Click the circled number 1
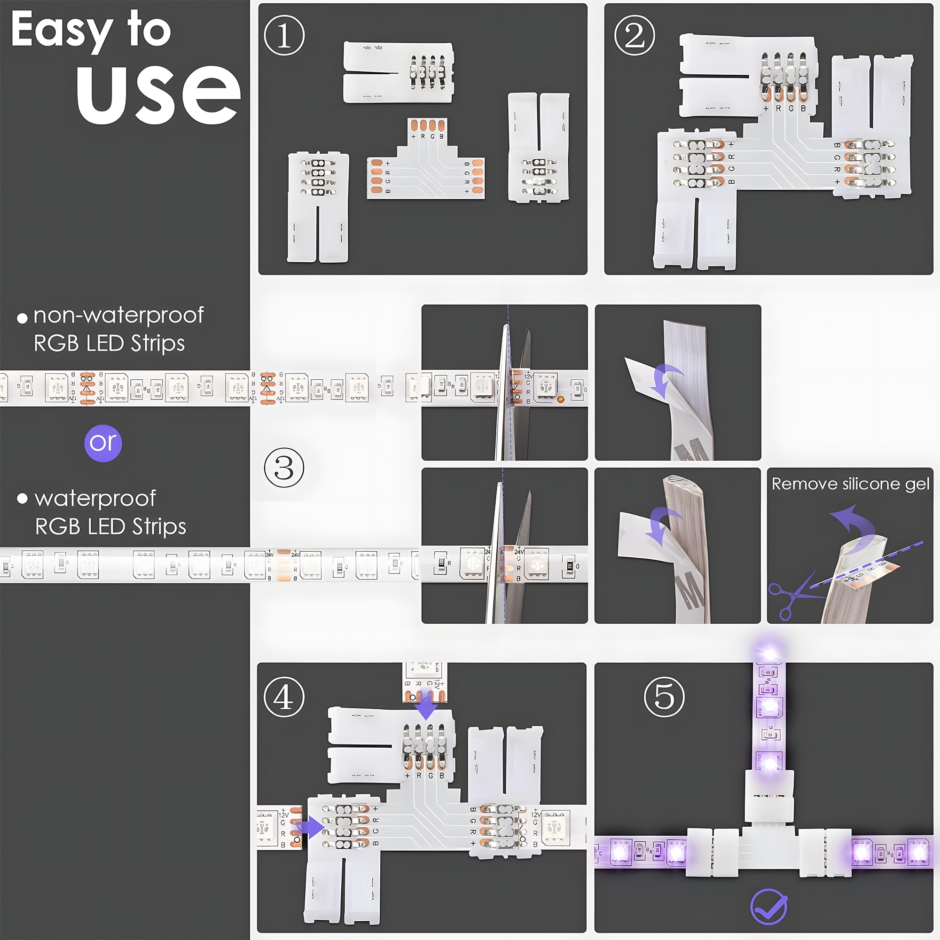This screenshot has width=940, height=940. pyautogui.click(x=284, y=36)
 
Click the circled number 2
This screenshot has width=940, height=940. pyautogui.click(x=634, y=36)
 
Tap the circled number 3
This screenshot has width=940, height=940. pyautogui.click(x=284, y=468)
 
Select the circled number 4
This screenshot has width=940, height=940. pyautogui.click(x=284, y=697)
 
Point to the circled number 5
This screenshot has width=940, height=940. pyautogui.click(x=664, y=697)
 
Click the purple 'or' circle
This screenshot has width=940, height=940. pyautogui.click(x=102, y=443)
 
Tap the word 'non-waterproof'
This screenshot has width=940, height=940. pyautogui.click(x=118, y=315)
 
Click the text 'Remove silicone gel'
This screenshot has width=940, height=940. pyautogui.click(x=850, y=484)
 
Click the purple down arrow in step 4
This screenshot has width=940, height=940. pyautogui.click(x=427, y=708)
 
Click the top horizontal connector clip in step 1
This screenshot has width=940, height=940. pyautogui.click(x=398, y=72)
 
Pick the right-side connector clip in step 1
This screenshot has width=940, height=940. pyautogui.click(x=539, y=148)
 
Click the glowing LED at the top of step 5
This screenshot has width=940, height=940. pyautogui.click(x=769, y=653)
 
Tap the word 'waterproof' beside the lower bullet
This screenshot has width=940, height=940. pyautogui.click(x=95, y=499)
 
